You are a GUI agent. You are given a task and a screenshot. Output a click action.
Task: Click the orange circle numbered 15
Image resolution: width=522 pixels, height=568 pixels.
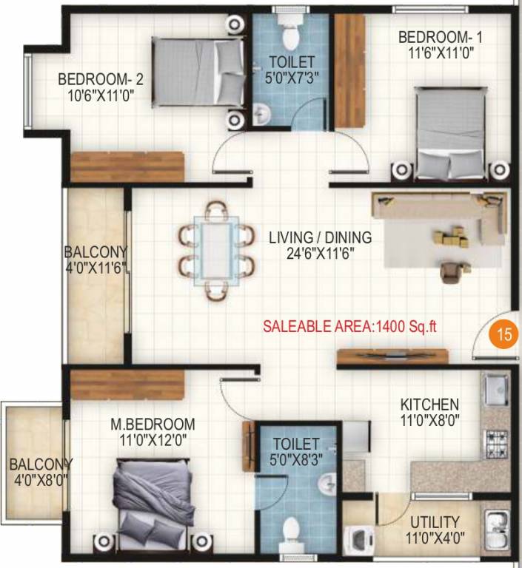(504, 334)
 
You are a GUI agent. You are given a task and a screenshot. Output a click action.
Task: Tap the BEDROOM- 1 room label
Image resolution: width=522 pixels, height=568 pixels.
(435, 37)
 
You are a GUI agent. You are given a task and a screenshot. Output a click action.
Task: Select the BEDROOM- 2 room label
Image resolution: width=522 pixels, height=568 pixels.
(95, 78)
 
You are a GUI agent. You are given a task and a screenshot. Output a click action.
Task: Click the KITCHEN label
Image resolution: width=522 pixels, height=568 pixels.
(429, 405)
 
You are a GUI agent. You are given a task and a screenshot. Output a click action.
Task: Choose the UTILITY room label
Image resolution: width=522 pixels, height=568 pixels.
(435, 522)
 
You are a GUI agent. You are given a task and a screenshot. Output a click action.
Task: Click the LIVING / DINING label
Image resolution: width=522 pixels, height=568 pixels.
(320, 237)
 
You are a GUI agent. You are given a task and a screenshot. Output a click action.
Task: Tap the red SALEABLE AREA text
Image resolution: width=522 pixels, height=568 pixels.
(355, 326)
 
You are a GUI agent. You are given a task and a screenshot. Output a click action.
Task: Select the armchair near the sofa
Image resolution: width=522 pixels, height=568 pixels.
(450, 271)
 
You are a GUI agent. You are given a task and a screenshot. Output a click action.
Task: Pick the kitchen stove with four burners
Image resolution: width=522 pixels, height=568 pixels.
(496, 442)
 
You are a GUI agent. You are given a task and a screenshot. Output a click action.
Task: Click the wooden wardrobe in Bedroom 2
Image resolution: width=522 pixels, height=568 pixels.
(127, 166)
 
